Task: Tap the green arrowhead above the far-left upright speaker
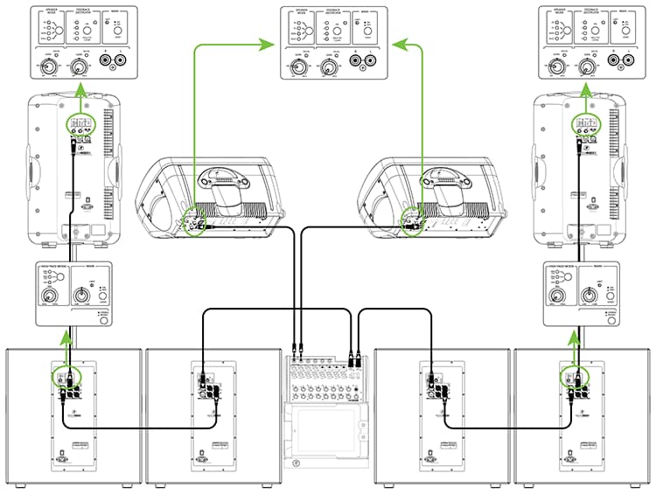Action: (x=80, y=89)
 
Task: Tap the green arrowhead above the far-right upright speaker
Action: (x=574, y=89)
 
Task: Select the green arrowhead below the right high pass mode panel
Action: (x=574, y=333)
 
